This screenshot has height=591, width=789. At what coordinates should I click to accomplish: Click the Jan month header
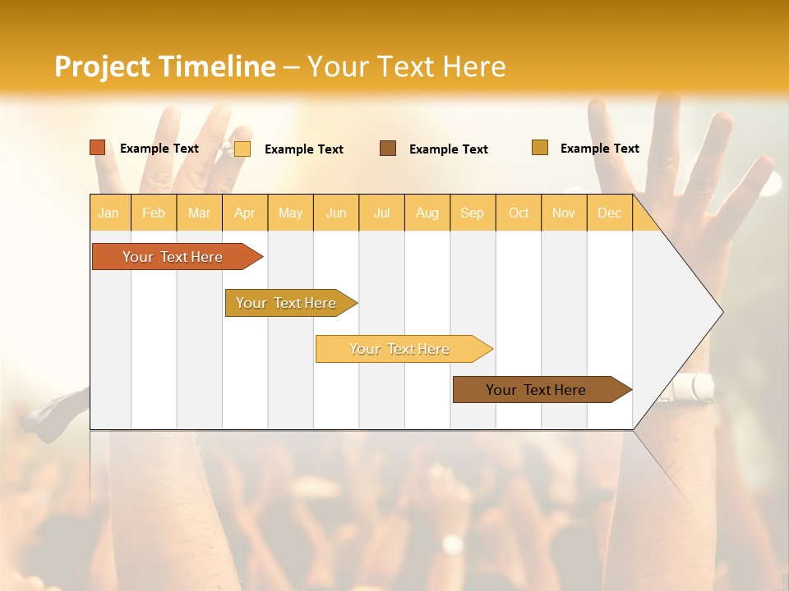(x=108, y=213)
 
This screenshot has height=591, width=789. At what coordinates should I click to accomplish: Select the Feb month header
(x=154, y=213)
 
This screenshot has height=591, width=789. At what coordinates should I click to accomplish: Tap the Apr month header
(x=244, y=213)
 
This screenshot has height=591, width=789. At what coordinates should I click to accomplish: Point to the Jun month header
(x=336, y=213)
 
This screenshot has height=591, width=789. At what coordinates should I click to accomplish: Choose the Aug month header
(x=427, y=213)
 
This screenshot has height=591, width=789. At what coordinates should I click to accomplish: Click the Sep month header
(x=472, y=213)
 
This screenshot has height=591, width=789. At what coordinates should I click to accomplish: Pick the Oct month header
(x=519, y=213)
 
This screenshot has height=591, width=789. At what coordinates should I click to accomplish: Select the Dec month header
(x=609, y=213)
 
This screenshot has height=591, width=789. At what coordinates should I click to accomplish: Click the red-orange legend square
(x=98, y=148)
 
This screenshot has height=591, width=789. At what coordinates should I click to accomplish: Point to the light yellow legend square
(x=242, y=149)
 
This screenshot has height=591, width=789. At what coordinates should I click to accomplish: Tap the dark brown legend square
(x=388, y=149)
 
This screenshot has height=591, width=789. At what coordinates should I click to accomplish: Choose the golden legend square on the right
(x=540, y=148)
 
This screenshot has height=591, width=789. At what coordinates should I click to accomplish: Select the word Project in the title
(x=103, y=66)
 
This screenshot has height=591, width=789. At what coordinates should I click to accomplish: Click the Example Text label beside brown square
(x=449, y=149)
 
